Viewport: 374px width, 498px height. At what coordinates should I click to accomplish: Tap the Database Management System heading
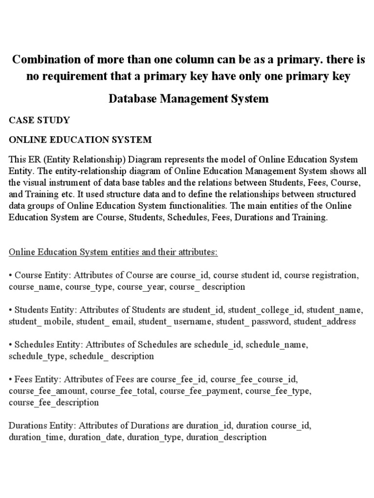188,99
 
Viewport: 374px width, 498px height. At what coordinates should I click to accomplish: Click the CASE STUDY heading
39,120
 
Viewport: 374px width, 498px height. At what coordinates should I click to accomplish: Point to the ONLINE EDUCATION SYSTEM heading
80,140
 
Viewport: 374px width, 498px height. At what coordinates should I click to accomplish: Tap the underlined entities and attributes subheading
113,252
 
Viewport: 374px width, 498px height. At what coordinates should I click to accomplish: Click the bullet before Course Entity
11,275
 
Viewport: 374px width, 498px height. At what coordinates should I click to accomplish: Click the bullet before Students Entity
11,310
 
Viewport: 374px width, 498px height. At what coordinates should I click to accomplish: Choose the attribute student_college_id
265,310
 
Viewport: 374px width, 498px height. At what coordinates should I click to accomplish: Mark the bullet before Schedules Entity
11,344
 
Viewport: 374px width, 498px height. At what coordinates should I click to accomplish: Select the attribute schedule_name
277,344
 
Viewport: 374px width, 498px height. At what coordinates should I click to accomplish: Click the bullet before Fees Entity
11,379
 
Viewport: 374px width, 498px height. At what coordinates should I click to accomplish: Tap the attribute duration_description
226,437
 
